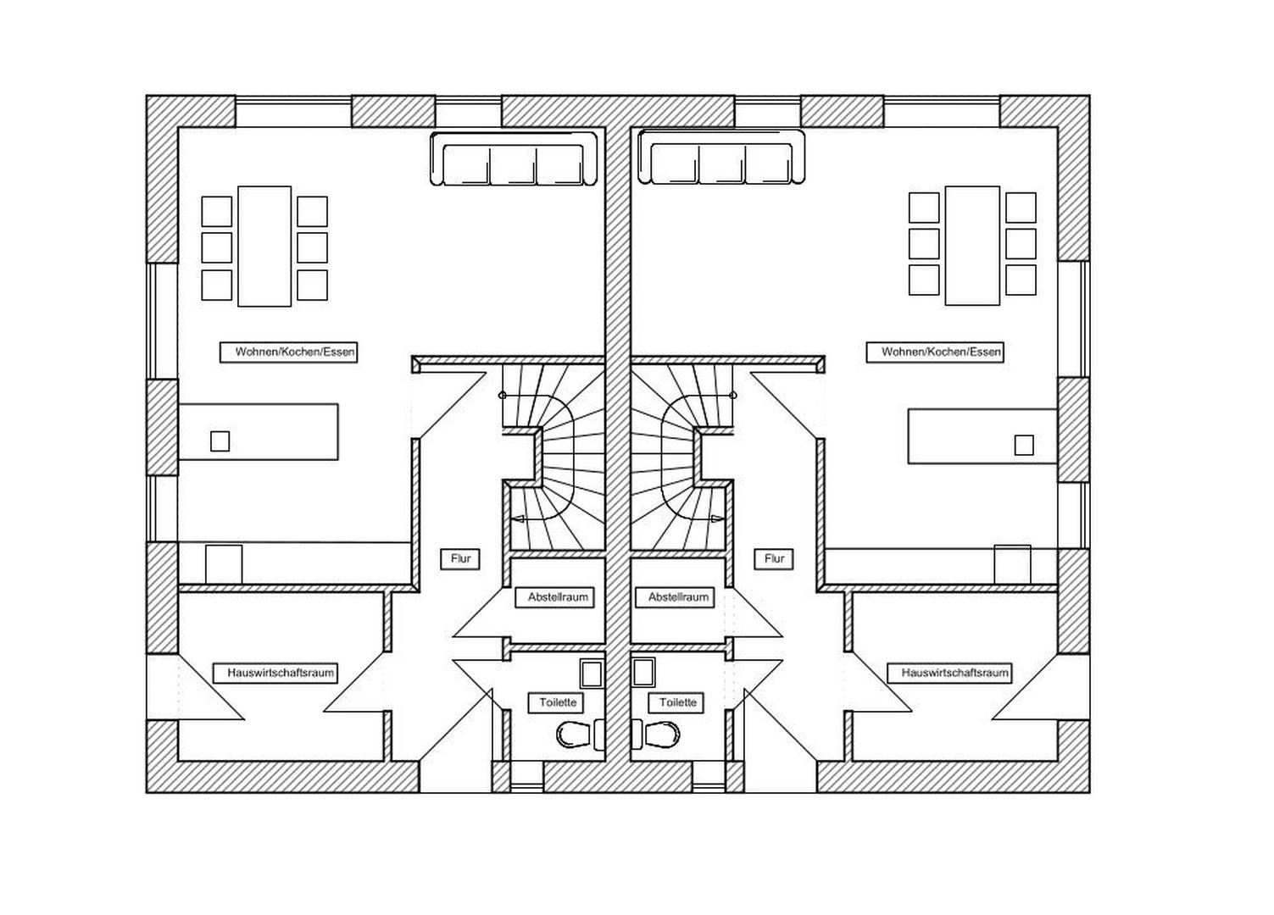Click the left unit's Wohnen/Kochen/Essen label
pyautogui.click(x=288, y=352)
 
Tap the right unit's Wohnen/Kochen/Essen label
pyautogui.click(x=934, y=352)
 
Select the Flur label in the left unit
pyautogui.click(x=460, y=559)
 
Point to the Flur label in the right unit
pyautogui.click(x=774, y=559)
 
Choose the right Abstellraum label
pyautogui.click(x=678, y=597)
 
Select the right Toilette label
pyautogui.click(x=677, y=702)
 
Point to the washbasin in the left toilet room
pyautogui.click(x=591, y=673)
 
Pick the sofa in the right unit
pyautogui.click(x=721, y=158)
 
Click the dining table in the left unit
pyautogui.click(x=264, y=246)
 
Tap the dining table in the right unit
pyautogui.click(x=972, y=245)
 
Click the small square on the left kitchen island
pyautogui.click(x=220, y=441)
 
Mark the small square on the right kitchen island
pyautogui.click(x=1024, y=445)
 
